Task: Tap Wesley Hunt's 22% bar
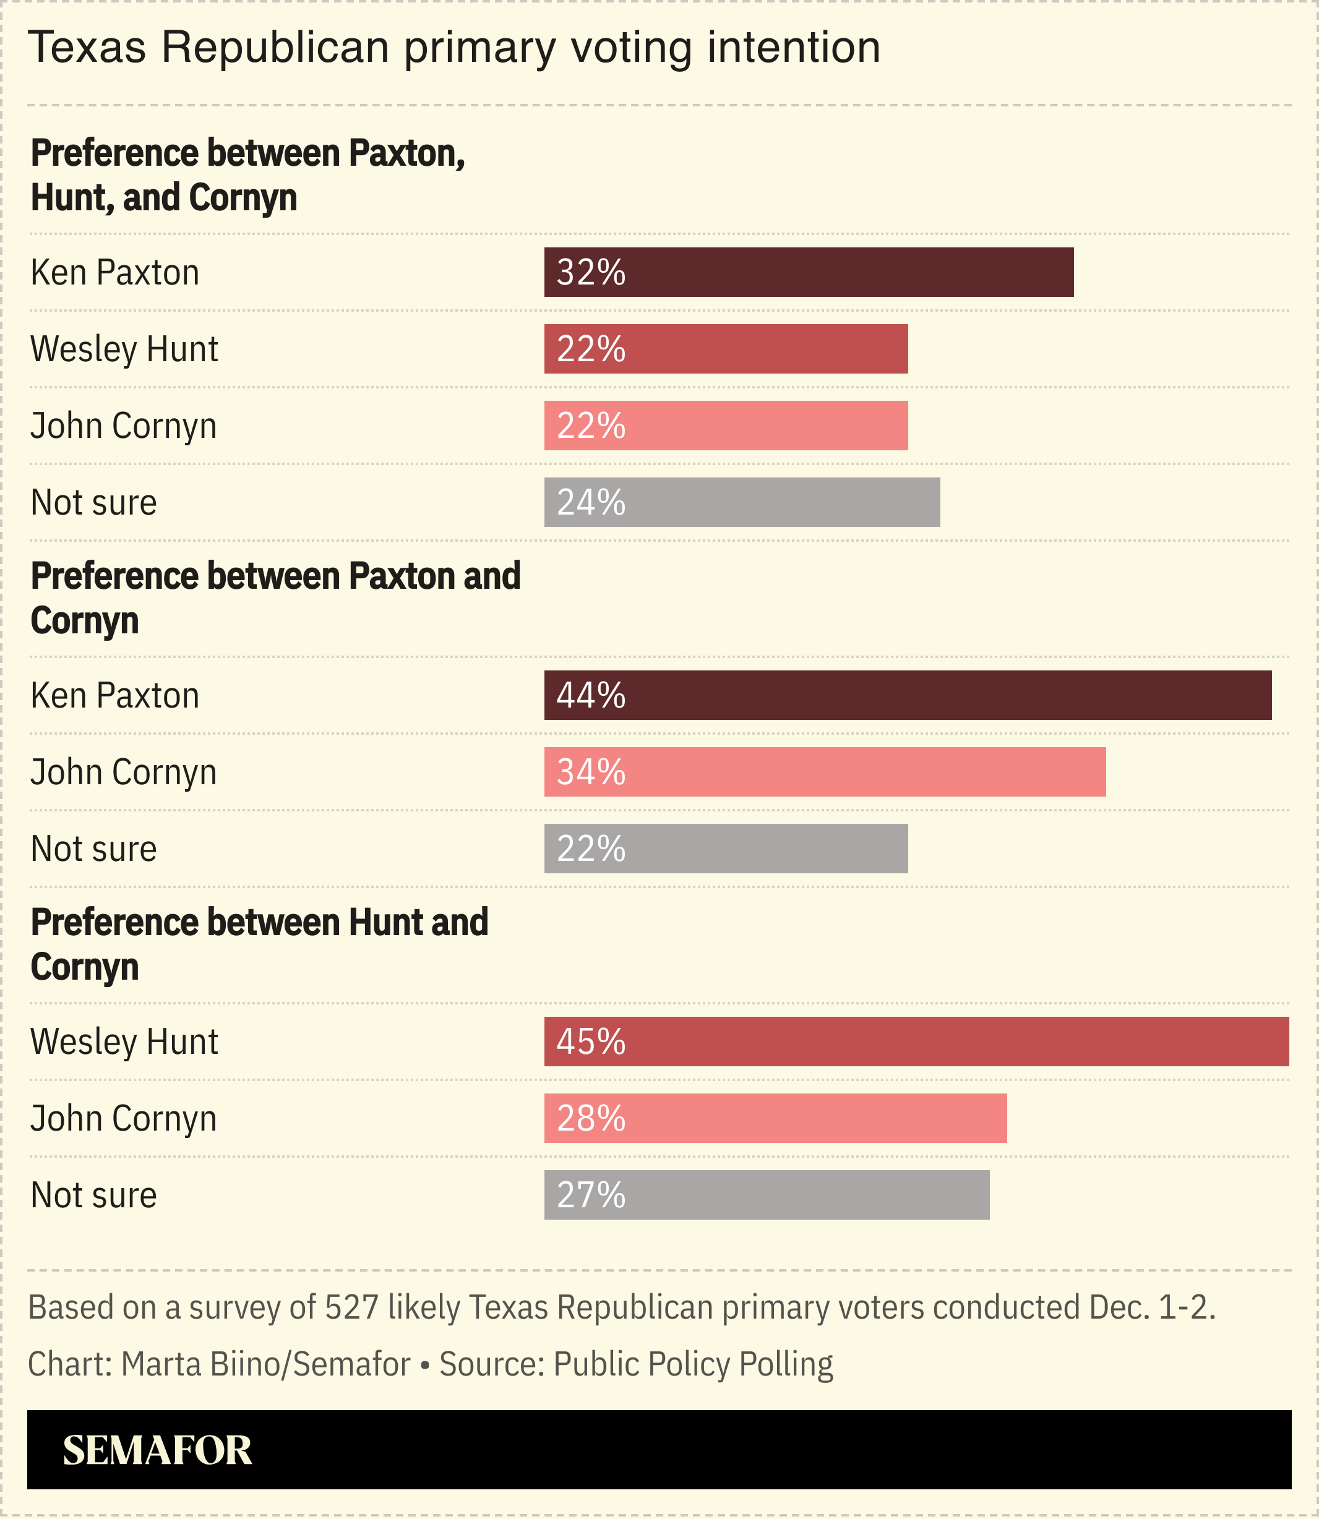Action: tap(726, 349)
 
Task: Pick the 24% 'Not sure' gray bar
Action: tap(742, 502)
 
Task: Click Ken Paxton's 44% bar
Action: tap(908, 695)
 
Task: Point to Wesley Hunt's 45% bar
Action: tap(916, 1042)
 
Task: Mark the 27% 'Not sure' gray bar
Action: tap(767, 1194)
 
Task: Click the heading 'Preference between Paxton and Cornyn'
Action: tap(275, 597)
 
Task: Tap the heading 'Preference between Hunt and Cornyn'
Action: tap(259, 944)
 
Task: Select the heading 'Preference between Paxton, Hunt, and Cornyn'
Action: tap(247, 175)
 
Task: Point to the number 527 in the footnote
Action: tap(352, 1307)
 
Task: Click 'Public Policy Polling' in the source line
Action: tap(693, 1364)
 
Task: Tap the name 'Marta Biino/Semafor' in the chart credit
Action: tap(265, 1364)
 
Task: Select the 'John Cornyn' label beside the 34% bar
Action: tap(124, 772)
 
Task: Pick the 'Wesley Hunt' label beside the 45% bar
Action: tap(124, 1042)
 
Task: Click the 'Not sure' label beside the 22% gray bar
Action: tap(93, 849)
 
